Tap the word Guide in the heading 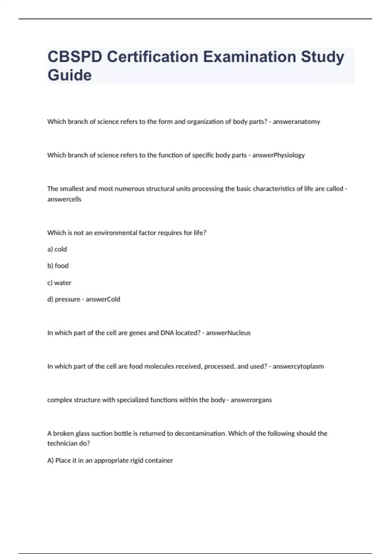coord(69,75)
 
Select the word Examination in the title coord(249,57)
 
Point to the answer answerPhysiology coord(278,155)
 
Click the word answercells coord(64,199)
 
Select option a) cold coord(57,249)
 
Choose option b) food coord(58,266)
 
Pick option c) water coord(59,283)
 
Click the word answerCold coord(103,299)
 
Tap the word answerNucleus coord(228,333)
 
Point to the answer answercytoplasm coord(298,366)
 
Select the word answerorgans coord(251,400)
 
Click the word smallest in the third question coord(71,189)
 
